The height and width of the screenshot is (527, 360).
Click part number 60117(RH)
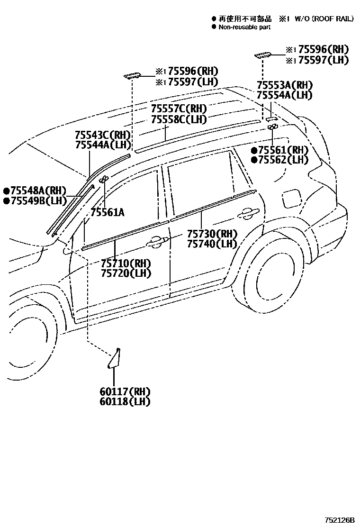pyautogui.click(x=125, y=391)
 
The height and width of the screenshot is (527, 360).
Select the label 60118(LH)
pyautogui.click(x=125, y=401)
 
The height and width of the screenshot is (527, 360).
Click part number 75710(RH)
pyautogui.click(x=126, y=263)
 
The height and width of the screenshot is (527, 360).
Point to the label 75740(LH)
pyautogui.click(x=212, y=244)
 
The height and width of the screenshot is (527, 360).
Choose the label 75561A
pyautogui.click(x=108, y=212)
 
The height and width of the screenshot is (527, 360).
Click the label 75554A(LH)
pyautogui.click(x=285, y=95)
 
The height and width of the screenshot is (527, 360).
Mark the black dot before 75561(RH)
pyautogui.click(x=254, y=151)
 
